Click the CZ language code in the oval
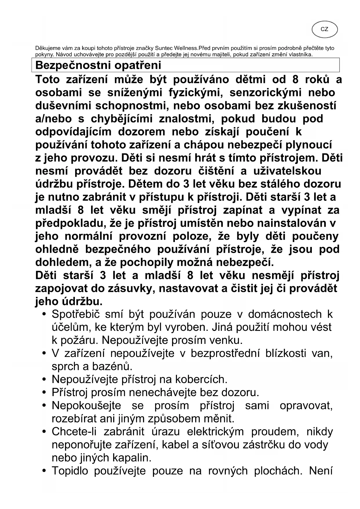tap(325, 29)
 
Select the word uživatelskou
tap(287, 171)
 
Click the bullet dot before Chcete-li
tap(44, 432)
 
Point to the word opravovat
tap(306, 406)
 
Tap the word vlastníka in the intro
tap(300, 55)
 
